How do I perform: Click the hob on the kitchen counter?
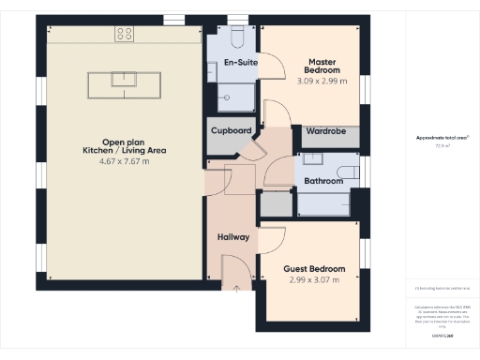125,34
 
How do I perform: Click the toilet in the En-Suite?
236,37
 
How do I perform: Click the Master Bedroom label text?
322,67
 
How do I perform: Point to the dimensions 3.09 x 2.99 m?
322,82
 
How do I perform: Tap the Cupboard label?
231,131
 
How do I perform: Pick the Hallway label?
232,237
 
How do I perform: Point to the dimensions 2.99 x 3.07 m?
313,279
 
